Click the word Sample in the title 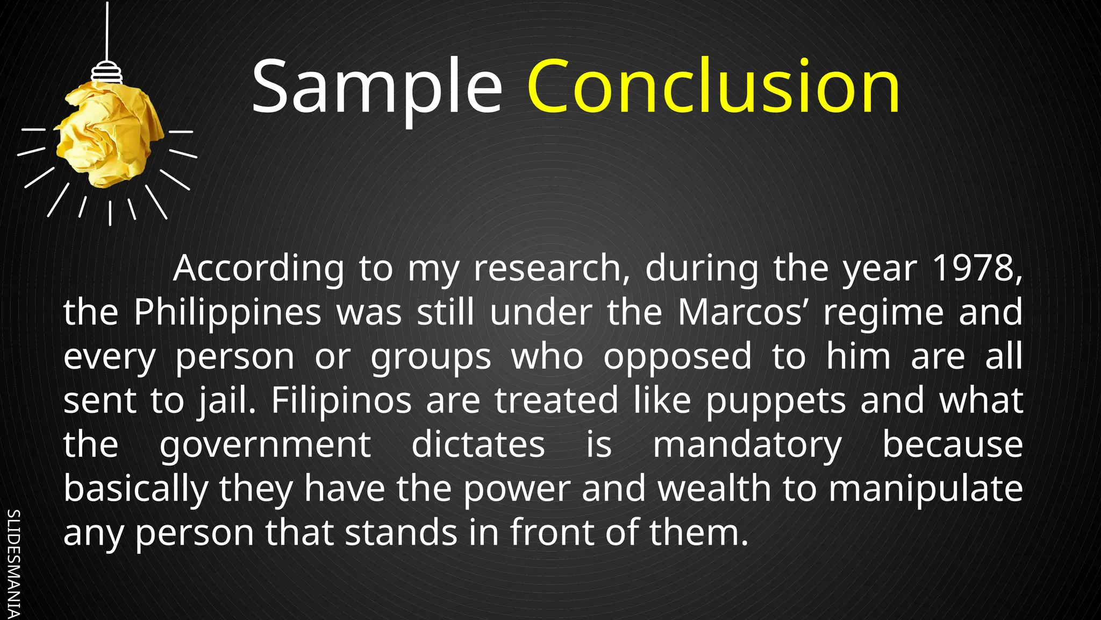point(376,87)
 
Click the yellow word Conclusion point(713,87)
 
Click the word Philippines point(227,312)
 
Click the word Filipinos point(341,400)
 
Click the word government point(265,445)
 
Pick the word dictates point(478,445)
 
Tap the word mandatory point(747,445)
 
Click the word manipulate point(925,489)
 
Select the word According point(259,269)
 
